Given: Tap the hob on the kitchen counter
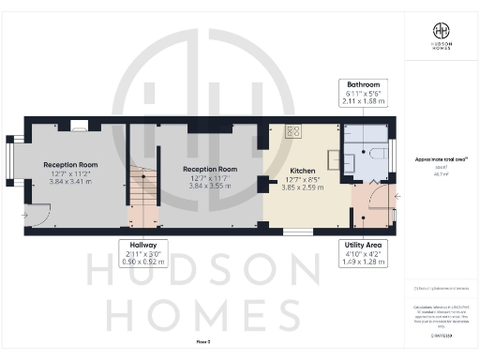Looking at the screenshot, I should tap(292, 131).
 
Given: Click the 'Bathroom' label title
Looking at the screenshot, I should tap(362, 84).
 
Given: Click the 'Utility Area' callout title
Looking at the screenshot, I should tap(362, 245).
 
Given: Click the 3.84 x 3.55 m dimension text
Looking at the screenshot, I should tap(208, 186).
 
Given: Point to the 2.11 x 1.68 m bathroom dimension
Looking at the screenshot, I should tap(362, 101).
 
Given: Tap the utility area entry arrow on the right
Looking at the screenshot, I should tap(397, 197).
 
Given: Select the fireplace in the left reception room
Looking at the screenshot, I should tap(80, 125).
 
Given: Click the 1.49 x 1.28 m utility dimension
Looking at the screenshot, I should tap(362, 262).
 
